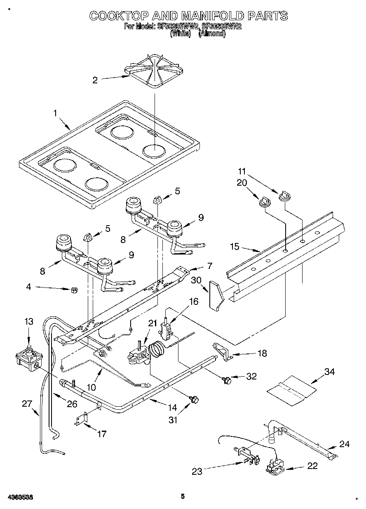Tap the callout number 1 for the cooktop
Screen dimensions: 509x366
56,113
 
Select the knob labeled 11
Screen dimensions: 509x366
283,196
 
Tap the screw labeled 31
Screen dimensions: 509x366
193,399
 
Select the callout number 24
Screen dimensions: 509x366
344,444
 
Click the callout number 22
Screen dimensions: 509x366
312,466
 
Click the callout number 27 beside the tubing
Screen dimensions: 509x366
27,404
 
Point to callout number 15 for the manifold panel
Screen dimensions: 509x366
235,247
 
